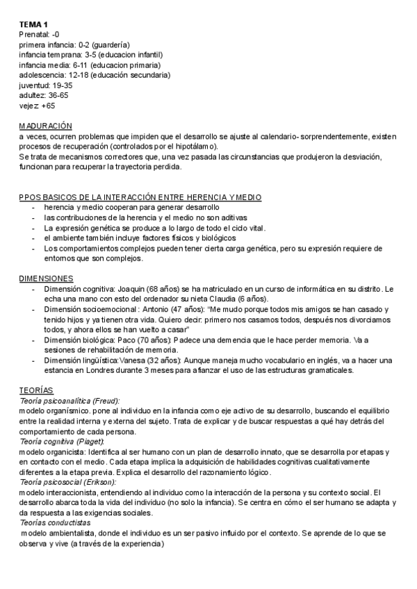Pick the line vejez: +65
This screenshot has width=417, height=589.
point(37,106)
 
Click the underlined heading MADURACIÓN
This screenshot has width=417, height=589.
point(45,126)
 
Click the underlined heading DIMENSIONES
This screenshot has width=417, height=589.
point(47,279)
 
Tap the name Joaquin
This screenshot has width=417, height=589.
point(130,288)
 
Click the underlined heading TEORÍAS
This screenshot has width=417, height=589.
point(36,390)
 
